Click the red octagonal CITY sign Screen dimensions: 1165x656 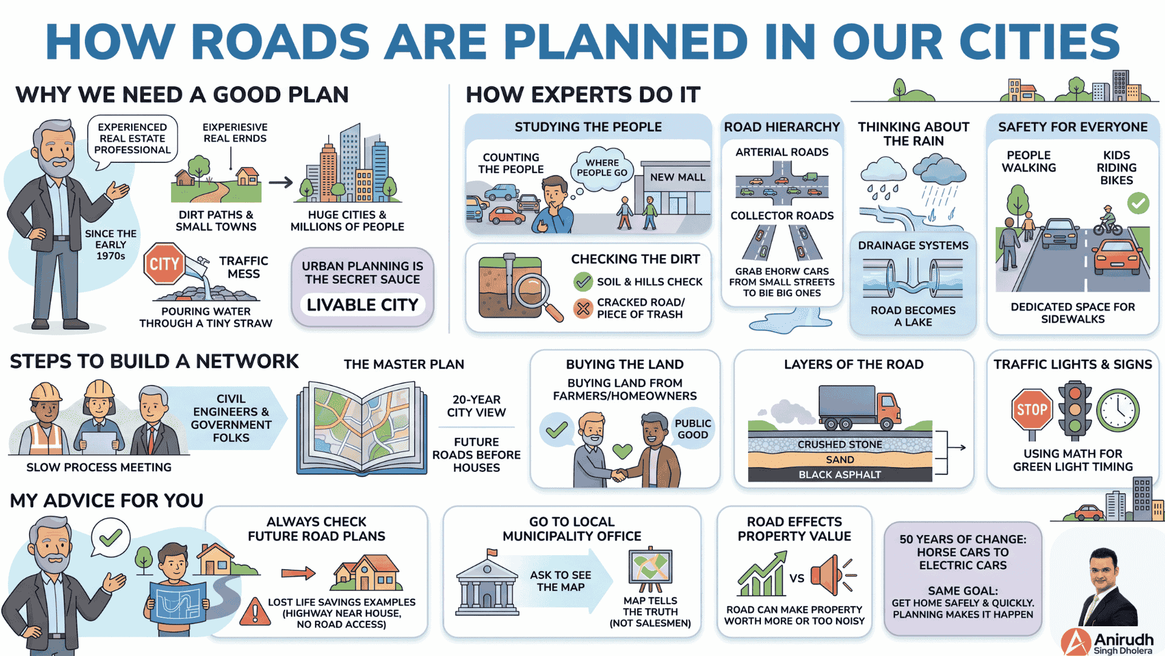pos(164,264)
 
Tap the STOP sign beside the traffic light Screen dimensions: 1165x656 pos(1032,409)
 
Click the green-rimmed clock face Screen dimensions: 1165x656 pos(1118,410)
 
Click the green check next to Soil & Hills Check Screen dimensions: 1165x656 pos(582,281)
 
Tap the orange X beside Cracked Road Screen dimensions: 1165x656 pos(582,309)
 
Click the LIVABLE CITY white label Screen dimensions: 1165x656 pos(362,304)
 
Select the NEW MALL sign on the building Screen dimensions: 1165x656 pos(678,177)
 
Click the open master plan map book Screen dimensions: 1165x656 pos(362,427)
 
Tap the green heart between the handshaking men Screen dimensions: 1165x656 pos(622,451)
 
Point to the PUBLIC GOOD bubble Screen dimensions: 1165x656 pos(692,428)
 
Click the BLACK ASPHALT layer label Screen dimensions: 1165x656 pos(840,474)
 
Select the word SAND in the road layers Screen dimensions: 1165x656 pos(840,460)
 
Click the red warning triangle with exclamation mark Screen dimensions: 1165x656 pos(255,612)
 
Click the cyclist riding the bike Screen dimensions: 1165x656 pos(1108,221)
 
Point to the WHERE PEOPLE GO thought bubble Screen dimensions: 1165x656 pos(602,167)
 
